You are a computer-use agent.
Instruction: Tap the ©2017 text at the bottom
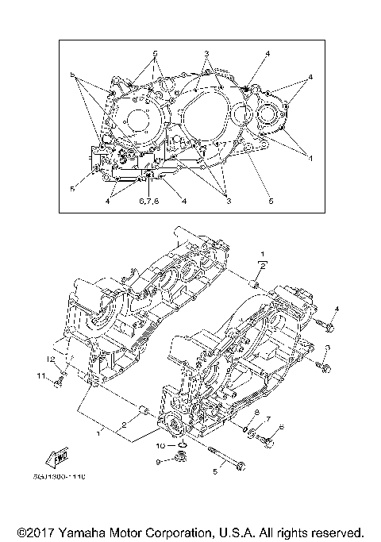(x=33, y=532)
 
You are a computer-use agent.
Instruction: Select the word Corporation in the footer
(x=182, y=532)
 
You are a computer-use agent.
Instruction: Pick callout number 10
(x=160, y=445)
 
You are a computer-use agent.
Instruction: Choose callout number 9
(x=158, y=461)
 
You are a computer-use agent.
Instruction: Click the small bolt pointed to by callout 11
(x=58, y=383)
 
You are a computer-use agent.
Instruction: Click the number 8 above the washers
(x=256, y=413)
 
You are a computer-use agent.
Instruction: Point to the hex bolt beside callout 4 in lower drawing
(x=329, y=325)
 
